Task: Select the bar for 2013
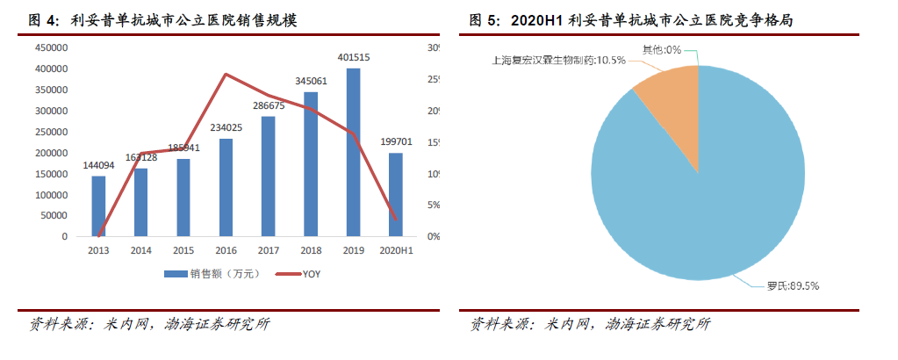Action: point(98,206)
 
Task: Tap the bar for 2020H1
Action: point(396,194)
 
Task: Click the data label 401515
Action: point(353,58)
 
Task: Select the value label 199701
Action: point(396,142)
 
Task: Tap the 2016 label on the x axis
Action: point(226,251)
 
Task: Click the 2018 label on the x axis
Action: point(311,251)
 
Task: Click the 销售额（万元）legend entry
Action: point(215,275)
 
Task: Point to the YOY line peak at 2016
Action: point(226,74)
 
